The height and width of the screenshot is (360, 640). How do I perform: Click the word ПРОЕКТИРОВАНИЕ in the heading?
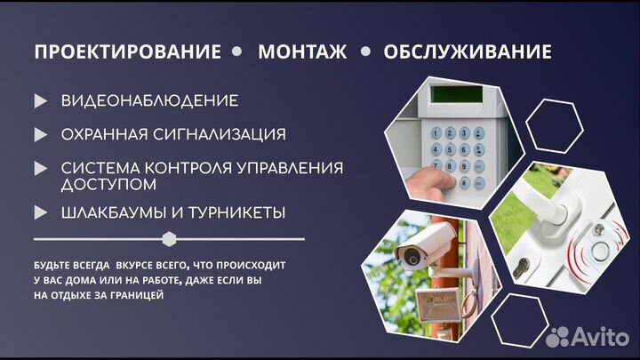click(127, 52)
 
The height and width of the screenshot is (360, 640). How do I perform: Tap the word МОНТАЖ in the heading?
click(302, 52)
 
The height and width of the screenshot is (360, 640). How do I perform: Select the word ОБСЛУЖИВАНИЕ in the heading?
click(468, 52)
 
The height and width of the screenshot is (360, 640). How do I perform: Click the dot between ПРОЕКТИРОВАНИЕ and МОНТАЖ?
click(236, 52)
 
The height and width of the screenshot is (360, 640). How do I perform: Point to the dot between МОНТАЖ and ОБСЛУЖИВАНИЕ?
click(365, 52)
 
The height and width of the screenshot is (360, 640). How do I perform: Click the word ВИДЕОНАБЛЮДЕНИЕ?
click(149, 101)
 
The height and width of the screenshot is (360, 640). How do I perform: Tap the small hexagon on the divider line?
click(169, 239)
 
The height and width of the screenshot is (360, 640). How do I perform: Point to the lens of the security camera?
click(412, 259)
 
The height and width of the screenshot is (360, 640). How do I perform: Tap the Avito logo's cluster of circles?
click(558, 336)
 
